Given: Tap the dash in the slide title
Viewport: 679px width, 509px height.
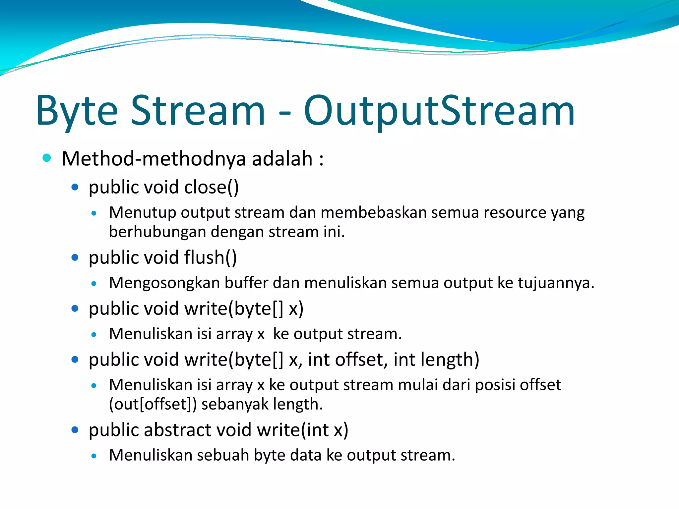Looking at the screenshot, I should (x=284, y=113).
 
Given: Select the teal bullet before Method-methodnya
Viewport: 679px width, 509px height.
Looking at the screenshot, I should (x=47, y=158).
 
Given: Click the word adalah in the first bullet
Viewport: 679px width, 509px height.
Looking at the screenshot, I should (x=282, y=159).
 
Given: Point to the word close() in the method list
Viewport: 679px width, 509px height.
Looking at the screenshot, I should (x=211, y=187).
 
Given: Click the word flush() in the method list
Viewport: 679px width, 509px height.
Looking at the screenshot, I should (x=210, y=257).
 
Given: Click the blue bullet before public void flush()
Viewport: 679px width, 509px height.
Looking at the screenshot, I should (x=75, y=257).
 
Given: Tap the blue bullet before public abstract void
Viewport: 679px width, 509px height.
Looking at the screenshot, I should (x=75, y=430).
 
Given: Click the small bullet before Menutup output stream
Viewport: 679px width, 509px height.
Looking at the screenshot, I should (x=94, y=213).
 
